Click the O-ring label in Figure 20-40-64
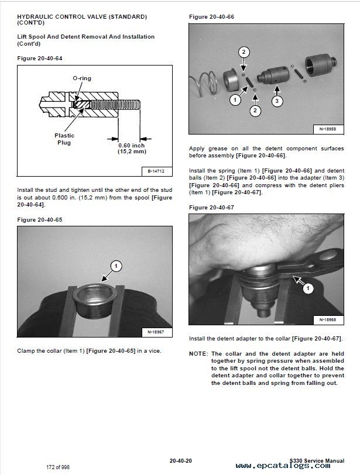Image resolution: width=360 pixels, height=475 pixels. coord(81,78)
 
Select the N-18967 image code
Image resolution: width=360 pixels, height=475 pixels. coord(155,332)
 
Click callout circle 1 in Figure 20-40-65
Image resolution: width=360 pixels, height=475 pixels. coord(116,267)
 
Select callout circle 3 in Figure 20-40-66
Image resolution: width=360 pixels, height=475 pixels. coord(277,101)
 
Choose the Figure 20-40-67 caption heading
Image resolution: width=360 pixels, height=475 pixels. coord(211,207)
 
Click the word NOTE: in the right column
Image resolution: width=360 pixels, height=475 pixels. coord(198,353)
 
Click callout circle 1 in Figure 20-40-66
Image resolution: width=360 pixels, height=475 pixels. coord(235,100)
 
